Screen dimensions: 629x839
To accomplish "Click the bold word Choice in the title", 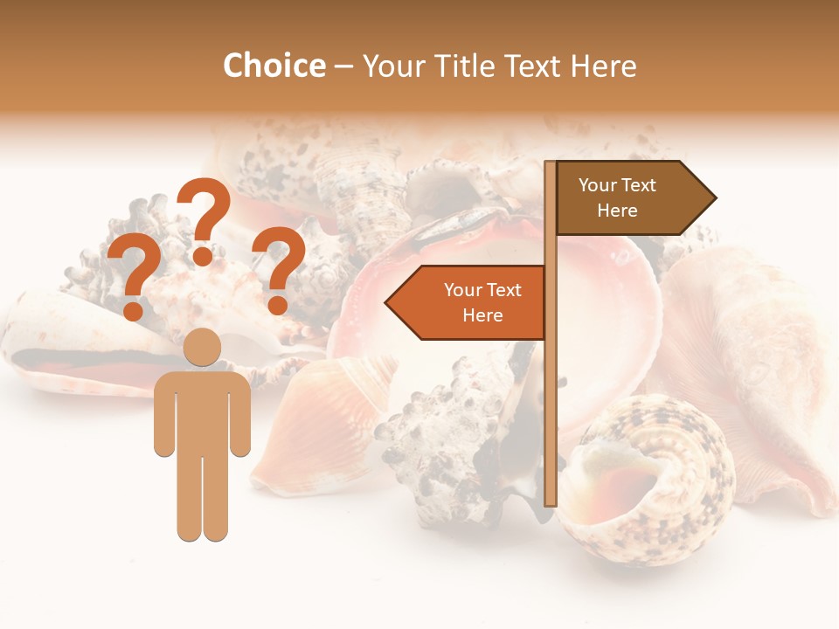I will [274, 66].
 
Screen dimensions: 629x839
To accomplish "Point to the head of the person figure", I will [202, 347].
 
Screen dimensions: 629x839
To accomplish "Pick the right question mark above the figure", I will [278, 267].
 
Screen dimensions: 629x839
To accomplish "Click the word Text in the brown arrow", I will [638, 185].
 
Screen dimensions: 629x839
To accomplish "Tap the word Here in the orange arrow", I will [482, 315].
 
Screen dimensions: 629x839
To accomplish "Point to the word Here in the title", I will [601, 66].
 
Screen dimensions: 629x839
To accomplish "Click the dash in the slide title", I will [343, 66].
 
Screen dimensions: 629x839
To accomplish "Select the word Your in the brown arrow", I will [598, 185].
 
